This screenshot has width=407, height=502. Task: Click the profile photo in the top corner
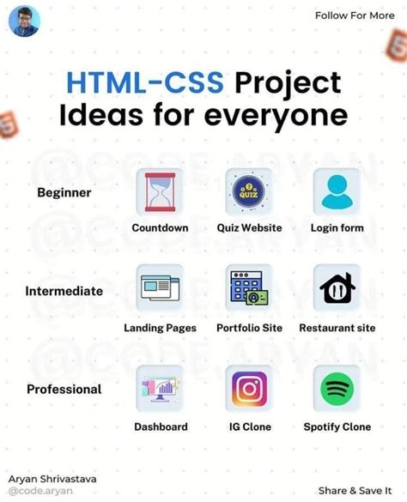(24, 21)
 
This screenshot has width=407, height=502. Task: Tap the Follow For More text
(355, 15)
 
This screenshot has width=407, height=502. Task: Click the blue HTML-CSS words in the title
(146, 83)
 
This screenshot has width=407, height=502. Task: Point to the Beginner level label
(64, 192)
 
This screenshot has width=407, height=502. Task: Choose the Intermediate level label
(64, 291)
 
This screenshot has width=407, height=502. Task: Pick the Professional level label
(64, 390)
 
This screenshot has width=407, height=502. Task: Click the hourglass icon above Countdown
(160, 191)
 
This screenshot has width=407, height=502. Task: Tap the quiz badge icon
(248, 191)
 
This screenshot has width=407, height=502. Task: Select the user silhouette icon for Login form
(337, 191)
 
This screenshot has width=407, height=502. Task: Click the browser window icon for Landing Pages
(160, 287)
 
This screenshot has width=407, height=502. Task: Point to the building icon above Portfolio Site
(248, 287)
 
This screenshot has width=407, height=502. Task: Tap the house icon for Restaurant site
(337, 289)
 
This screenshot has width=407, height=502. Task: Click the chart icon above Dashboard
(160, 389)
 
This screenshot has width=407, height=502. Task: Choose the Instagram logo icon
(248, 389)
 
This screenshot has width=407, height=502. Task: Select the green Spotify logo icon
(337, 389)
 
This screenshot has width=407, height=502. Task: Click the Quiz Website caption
(249, 228)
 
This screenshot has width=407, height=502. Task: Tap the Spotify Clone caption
(337, 426)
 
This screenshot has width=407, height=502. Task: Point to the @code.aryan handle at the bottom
(40, 491)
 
